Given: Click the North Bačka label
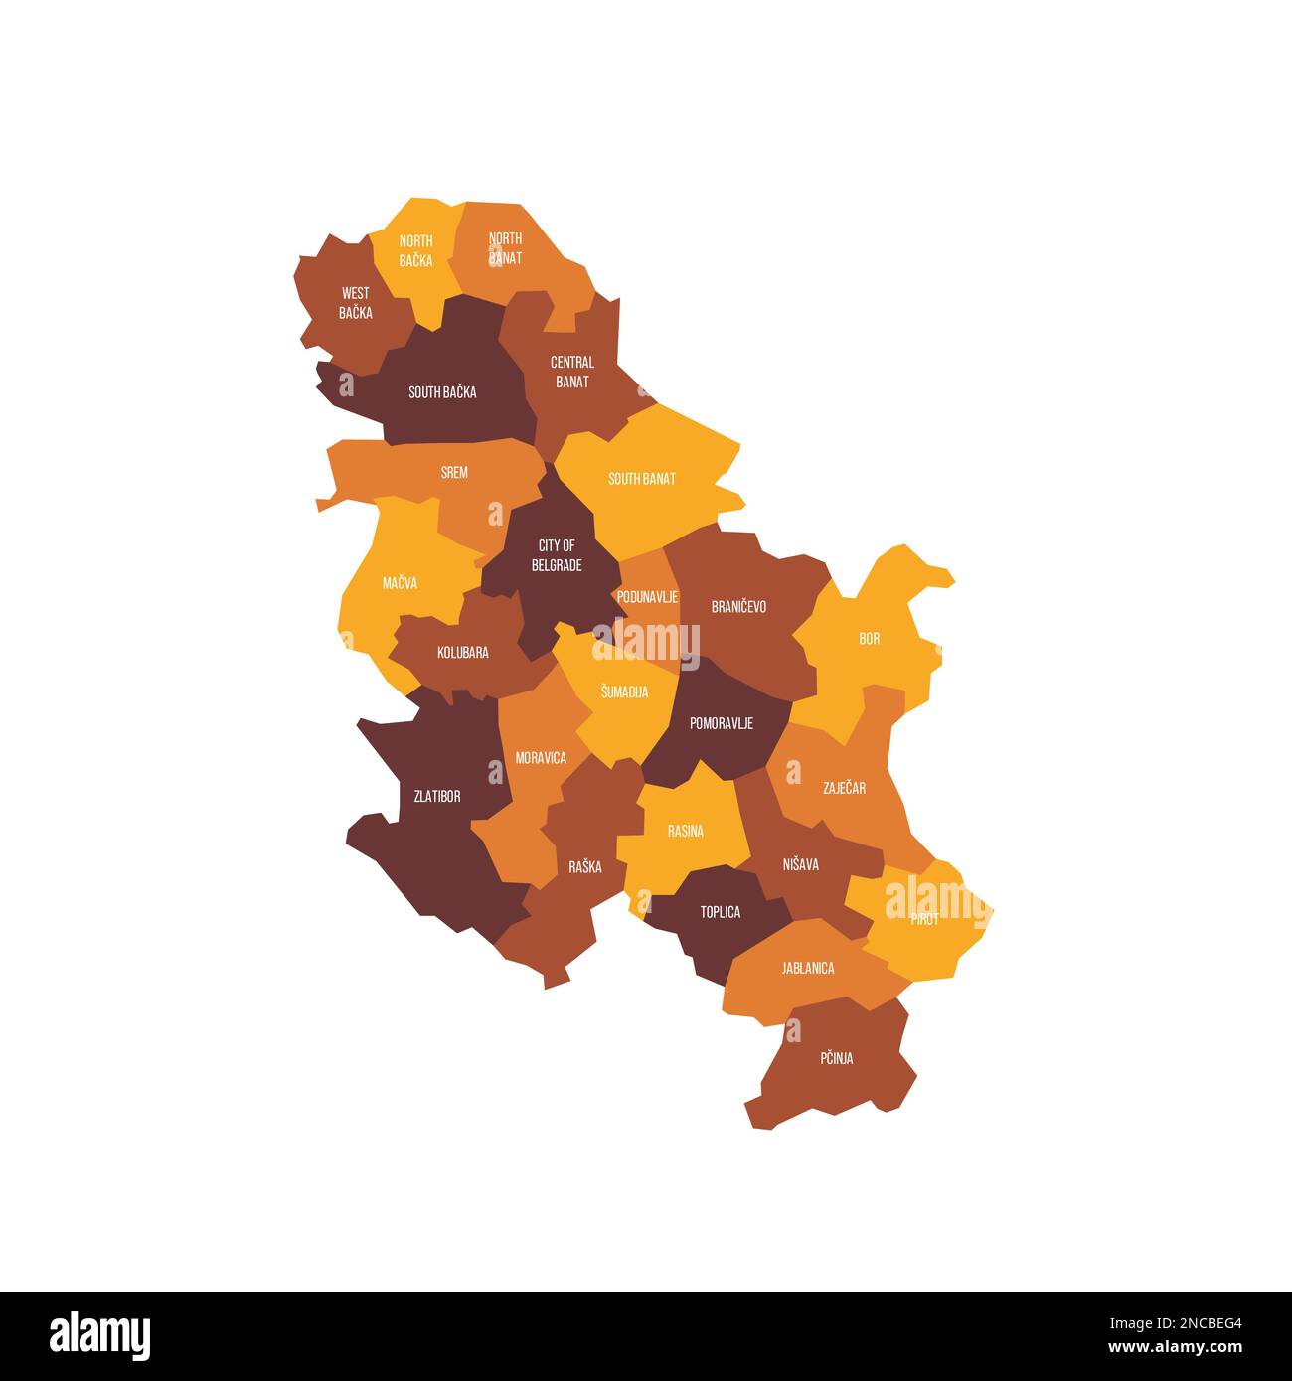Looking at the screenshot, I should point(415,251).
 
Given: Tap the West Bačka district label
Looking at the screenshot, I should point(355,303).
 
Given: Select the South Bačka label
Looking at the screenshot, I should point(442,392).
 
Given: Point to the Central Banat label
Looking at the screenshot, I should point(572,372).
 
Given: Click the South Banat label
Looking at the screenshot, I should point(641,479).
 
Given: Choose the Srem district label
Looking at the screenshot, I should point(454,473).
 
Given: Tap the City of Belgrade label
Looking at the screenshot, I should point(557,555).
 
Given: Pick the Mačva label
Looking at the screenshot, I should point(400,583).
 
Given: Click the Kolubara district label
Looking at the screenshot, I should point(462,653).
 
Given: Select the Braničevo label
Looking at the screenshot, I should point(738,606).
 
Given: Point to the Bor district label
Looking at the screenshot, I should point(869,639).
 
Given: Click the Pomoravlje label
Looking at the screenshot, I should point(721,723).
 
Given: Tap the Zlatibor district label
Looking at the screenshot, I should point(436,796).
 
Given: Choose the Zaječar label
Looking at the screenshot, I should point(844,788).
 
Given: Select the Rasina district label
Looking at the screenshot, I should point(685,831).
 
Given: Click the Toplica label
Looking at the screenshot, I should point(720,912).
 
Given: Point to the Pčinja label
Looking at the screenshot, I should point(836,1059).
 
